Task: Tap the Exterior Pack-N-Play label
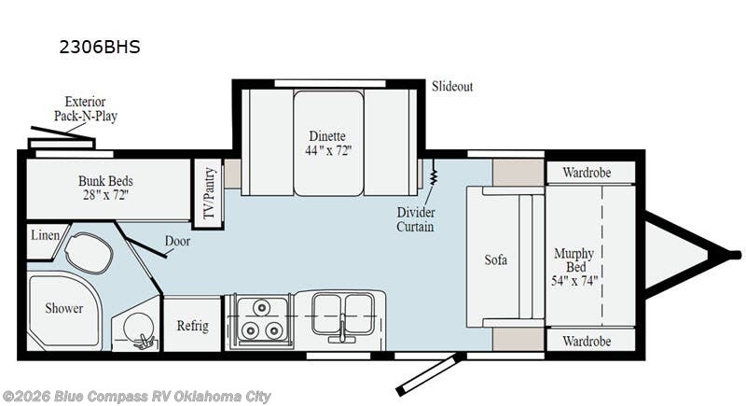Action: [x=90, y=109]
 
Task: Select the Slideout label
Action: [x=452, y=87]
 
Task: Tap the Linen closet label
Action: [x=42, y=235]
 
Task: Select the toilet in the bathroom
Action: [x=89, y=251]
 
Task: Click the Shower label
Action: [x=64, y=308]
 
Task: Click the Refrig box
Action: [x=193, y=327]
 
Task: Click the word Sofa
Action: [x=496, y=259]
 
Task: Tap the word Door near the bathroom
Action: [x=177, y=240]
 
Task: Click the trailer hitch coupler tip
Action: [x=736, y=254]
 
